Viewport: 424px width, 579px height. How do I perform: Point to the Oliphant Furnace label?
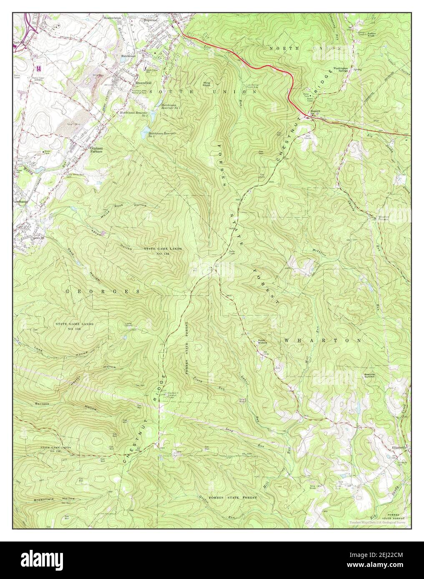(x=94, y=150)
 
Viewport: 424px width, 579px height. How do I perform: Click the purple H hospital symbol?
(x=39, y=68)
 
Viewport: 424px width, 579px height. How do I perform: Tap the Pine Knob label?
(x=206, y=85)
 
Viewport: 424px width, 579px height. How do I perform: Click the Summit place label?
(x=315, y=111)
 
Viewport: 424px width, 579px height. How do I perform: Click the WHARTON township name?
(x=322, y=340)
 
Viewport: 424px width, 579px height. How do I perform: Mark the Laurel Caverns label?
(x=129, y=324)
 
